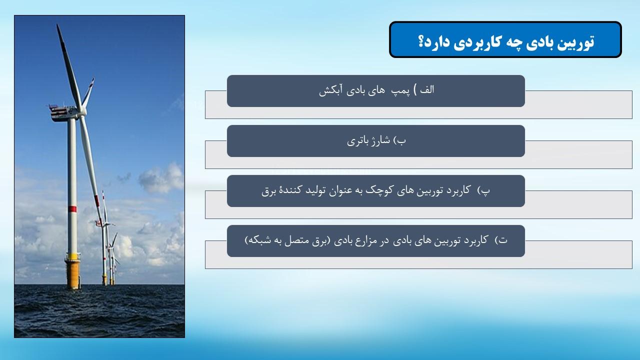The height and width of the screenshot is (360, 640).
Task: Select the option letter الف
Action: (427, 89)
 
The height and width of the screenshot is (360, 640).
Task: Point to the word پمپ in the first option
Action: (400, 91)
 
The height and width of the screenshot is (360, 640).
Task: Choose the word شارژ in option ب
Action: (379, 140)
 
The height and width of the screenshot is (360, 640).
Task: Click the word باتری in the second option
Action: (356, 141)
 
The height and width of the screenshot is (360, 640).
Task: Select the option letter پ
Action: (485, 191)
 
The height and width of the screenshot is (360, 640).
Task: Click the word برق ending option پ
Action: (268, 191)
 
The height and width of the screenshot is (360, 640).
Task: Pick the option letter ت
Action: (503, 240)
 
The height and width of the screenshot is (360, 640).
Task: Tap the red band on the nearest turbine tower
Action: (72, 209)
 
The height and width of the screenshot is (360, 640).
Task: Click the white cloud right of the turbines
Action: (161, 178)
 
